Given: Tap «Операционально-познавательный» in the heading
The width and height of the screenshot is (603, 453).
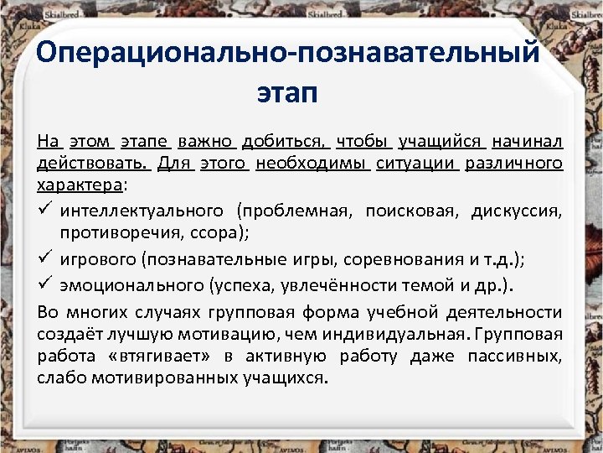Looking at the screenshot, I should coord(288,53).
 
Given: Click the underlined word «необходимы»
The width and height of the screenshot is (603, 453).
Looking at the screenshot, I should coord(313,162).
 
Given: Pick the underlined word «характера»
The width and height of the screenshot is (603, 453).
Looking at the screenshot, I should coord(80,184).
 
